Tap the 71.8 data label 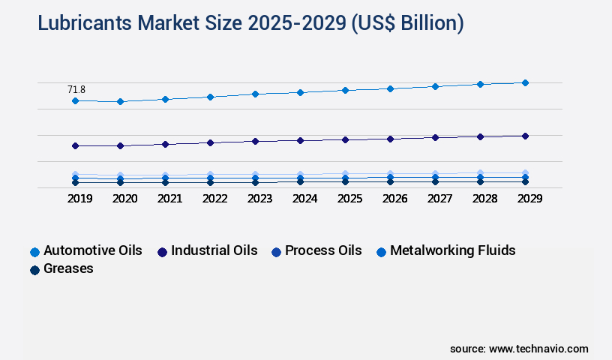point(76,89)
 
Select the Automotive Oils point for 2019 point(75,100)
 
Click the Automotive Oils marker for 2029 point(525,82)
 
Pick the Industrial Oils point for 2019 point(75,145)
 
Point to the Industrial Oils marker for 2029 point(525,136)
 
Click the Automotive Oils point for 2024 point(300,92)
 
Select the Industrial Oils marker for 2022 point(210,142)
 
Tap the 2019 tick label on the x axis point(79,199)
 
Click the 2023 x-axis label point(259,199)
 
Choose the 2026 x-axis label point(394,199)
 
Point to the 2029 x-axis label point(529,199)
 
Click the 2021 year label point(169,199)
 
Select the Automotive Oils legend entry point(86,250)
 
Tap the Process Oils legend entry point(316,250)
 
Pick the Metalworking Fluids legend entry point(445,250)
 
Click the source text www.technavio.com point(519,349)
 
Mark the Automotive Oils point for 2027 point(435,86)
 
